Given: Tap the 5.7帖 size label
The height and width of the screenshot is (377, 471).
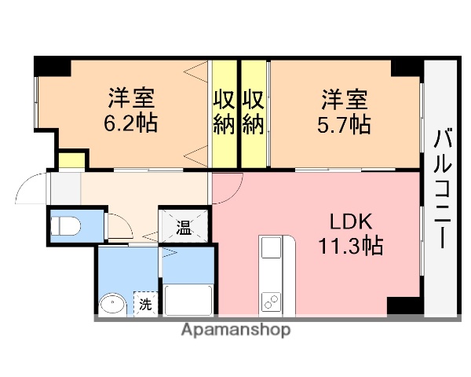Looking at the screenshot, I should point(344,123).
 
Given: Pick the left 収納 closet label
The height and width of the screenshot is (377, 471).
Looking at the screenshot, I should point(224,112).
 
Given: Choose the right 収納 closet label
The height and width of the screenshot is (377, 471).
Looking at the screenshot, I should point(252,112).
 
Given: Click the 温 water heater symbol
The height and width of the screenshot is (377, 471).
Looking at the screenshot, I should point(183,228).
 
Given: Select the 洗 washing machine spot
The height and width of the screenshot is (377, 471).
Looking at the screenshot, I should point(145,303).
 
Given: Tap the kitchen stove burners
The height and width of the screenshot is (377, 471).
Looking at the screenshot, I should point(272,301).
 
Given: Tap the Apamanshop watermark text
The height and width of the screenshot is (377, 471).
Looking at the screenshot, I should point(235,330).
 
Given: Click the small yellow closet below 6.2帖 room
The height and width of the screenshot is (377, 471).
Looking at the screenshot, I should point(71,159).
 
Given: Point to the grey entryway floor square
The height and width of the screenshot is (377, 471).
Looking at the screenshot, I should point(66,188).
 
